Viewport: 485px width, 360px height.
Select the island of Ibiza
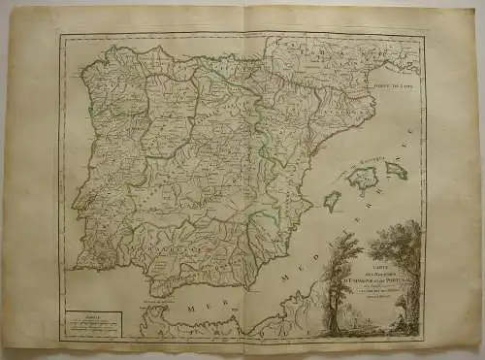(x=332, y=200)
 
